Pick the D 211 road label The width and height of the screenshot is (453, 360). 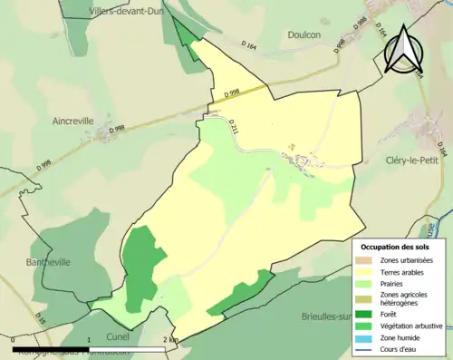(x=233, y=131)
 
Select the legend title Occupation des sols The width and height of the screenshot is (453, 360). (x=395, y=247)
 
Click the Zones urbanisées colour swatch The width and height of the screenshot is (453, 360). (x=366, y=261)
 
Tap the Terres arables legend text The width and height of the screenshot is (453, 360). (x=406, y=273)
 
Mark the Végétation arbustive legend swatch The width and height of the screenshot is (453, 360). (x=366, y=326)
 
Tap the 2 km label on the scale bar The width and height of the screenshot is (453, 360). (x=169, y=339)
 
